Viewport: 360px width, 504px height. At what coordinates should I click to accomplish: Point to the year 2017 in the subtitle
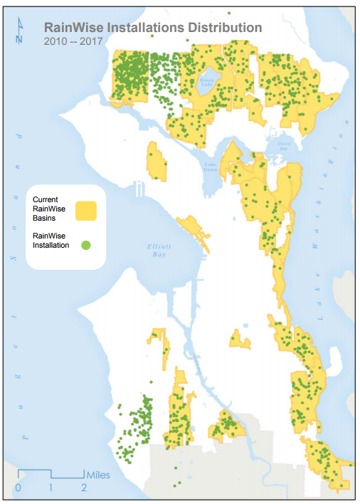pos(90,41)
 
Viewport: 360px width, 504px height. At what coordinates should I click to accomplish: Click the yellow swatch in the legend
pos(86,210)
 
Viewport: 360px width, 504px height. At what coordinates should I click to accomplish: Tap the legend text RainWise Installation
pos(51,240)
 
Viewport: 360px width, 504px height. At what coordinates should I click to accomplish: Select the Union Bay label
pos(284,145)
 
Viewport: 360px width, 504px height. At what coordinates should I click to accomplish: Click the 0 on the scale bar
pos(18,488)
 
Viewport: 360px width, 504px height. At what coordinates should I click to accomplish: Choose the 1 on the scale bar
pos(51,488)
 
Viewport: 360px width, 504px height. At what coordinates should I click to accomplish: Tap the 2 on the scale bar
pos(84,488)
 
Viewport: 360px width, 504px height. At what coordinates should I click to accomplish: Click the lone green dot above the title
pos(229,12)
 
